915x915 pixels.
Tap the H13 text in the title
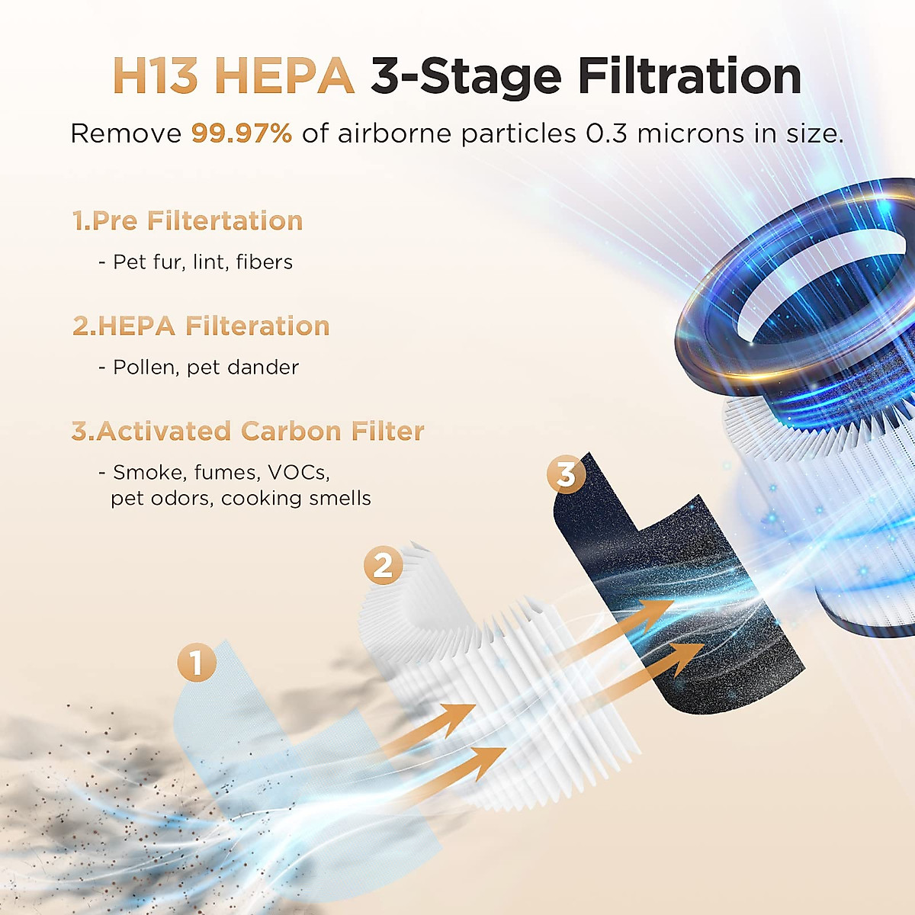click(156, 76)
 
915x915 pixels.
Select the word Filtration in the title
click(689, 76)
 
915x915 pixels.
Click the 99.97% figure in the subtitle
click(241, 134)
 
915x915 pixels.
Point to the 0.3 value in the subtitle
click(607, 134)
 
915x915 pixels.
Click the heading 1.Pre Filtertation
click(188, 221)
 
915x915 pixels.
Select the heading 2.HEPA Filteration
click(201, 326)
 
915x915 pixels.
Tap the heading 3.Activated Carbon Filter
click(248, 432)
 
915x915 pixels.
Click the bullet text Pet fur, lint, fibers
click(203, 262)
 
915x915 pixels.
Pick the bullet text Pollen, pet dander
click(206, 368)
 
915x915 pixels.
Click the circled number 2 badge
click(383, 565)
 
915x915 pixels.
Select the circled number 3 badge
click(566, 474)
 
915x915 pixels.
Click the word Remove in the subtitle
click(126, 134)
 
